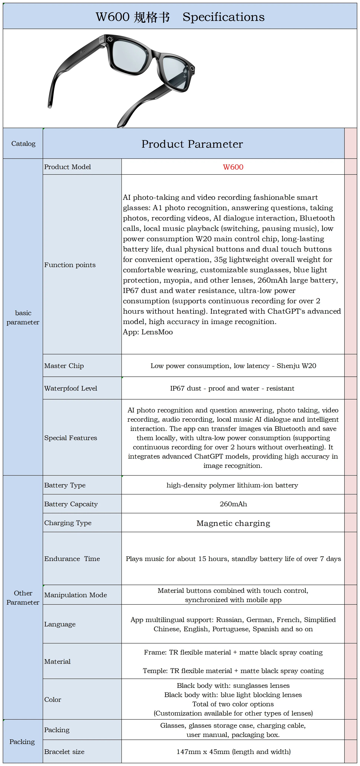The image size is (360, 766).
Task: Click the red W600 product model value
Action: [233, 167]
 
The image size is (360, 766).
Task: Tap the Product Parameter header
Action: [192, 144]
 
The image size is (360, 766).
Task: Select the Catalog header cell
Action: [23, 144]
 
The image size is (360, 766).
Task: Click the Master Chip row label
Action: [64, 366]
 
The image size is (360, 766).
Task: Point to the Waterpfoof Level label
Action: [71, 388]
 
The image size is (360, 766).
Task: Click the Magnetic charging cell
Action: [233, 523]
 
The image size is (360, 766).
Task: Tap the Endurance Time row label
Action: [72, 559]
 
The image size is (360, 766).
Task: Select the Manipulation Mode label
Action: [75, 595]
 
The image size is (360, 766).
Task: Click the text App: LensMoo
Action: [148, 332]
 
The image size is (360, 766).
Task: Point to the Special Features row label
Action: [70, 438]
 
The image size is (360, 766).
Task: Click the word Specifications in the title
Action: [223, 17]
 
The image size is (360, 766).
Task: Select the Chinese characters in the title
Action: [152, 17]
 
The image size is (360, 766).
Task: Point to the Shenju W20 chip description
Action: [233, 366]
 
